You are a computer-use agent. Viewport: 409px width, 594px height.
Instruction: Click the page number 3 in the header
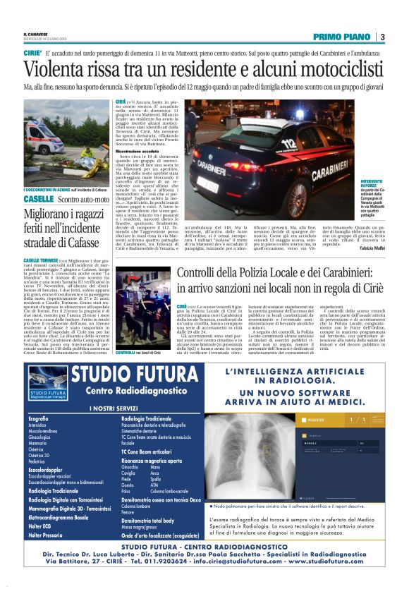click(x=381, y=36)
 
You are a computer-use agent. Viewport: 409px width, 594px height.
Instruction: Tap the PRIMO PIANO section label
click(x=343, y=36)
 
